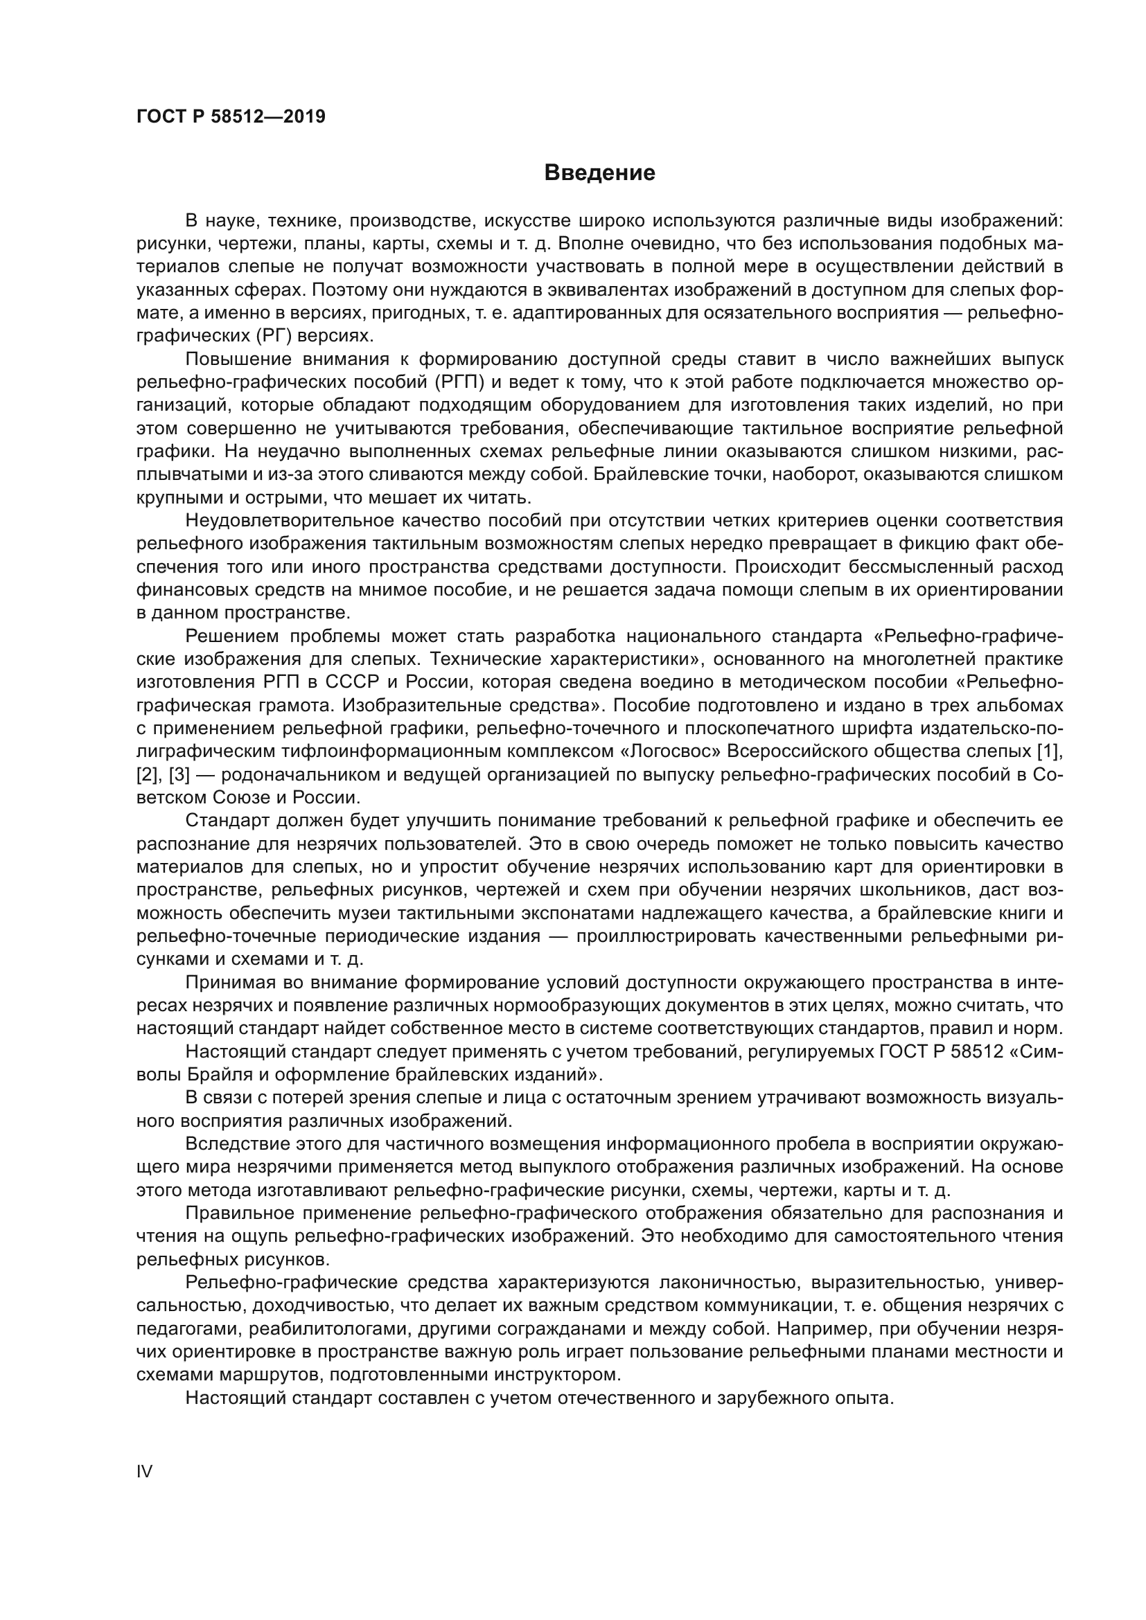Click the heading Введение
[599, 173]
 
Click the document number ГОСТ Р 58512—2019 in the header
[231, 117]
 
